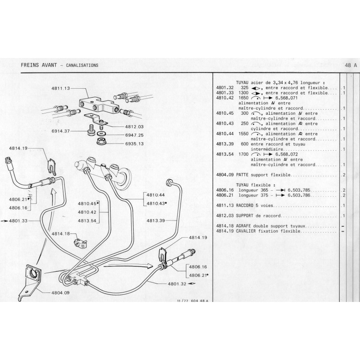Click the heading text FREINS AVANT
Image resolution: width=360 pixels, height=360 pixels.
(38, 65)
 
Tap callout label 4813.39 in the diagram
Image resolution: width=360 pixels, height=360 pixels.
(156, 220)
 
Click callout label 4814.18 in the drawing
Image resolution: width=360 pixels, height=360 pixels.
(60, 234)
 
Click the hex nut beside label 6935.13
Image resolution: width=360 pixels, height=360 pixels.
(101, 142)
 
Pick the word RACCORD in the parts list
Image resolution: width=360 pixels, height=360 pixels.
(243, 205)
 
